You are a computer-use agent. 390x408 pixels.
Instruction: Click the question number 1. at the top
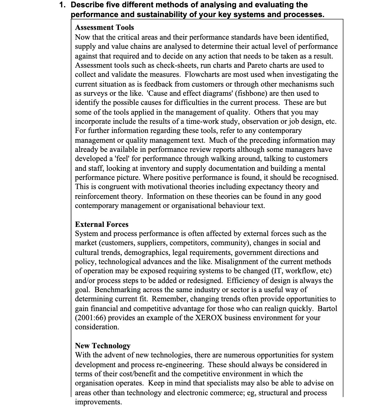(x=63, y=5)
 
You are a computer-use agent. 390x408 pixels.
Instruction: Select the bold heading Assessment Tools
(x=104, y=27)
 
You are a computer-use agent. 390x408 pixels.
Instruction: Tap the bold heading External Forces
(x=101, y=224)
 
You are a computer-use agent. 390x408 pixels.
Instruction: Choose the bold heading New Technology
(x=102, y=346)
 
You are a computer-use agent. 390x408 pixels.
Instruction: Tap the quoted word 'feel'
(x=123, y=159)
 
